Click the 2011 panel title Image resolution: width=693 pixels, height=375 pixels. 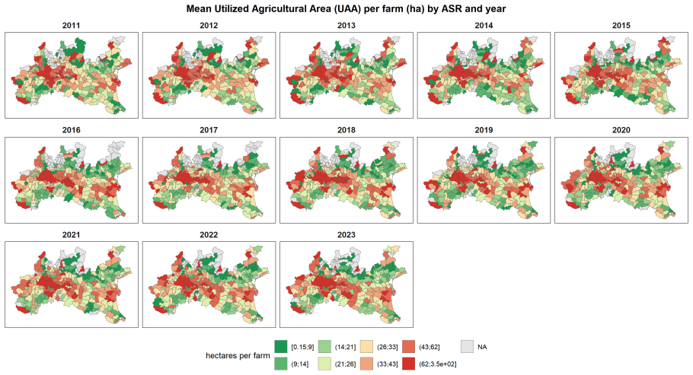coord(71,26)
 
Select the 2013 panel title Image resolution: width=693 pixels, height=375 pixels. coord(346,26)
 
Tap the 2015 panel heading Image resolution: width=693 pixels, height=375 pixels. coord(621,26)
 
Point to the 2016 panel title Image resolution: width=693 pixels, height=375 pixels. coord(71,130)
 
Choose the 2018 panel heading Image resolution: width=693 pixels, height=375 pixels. coord(346,130)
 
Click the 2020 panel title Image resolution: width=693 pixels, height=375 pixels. coord(621,130)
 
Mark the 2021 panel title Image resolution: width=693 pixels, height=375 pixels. coord(71,235)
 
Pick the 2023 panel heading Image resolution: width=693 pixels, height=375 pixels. coord(346,235)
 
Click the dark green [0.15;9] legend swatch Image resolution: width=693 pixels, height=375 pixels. coord(281,347)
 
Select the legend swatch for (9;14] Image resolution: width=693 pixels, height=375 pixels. coord(281,364)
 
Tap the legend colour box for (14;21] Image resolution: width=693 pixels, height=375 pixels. coord(324,347)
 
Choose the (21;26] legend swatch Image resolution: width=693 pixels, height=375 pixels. coord(324,364)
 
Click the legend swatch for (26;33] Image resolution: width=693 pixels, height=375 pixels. coord(366,347)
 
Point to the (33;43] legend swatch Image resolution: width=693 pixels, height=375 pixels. coord(366,364)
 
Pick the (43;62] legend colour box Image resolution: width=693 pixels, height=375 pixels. coord(409,347)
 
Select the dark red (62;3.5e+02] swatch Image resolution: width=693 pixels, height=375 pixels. coord(409,364)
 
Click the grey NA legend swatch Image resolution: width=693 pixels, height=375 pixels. coord(467,347)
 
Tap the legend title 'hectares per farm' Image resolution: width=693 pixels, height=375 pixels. coord(238,355)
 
